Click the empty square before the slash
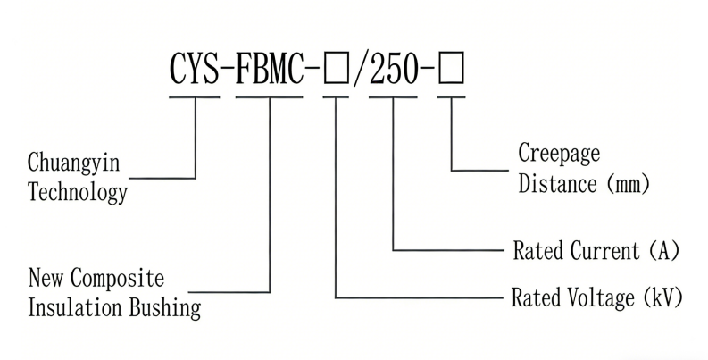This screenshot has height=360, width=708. click(x=337, y=69)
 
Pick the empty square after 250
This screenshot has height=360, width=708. click(x=451, y=69)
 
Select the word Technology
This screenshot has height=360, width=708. click(x=78, y=192)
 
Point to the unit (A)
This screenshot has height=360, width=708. click(x=664, y=251)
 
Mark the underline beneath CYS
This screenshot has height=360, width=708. click(x=195, y=95)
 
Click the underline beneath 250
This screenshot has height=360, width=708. click(x=393, y=95)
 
